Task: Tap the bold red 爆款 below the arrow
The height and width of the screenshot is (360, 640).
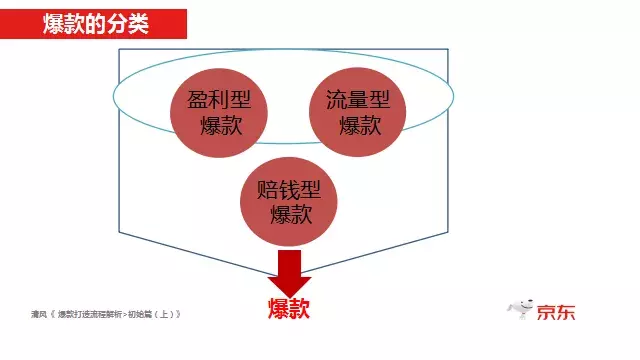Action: [x=289, y=308]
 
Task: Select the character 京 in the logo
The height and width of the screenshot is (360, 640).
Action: [x=543, y=311]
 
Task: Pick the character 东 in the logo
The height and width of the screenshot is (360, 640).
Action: [x=566, y=311]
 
